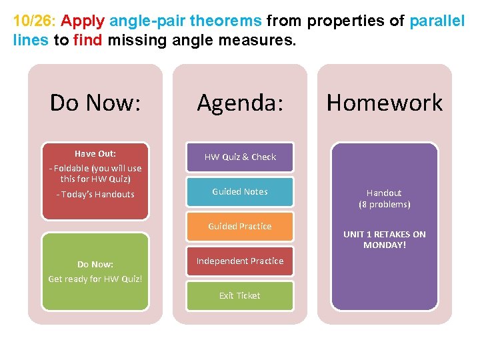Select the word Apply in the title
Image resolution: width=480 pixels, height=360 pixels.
[78, 21]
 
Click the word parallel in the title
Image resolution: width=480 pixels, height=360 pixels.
[437, 21]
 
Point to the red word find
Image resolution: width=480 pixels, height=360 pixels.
[87, 39]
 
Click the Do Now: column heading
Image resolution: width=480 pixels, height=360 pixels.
[95, 103]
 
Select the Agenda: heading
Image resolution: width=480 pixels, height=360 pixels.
[240, 103]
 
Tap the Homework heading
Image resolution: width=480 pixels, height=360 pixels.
[384, 103]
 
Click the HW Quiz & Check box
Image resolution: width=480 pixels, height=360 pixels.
[240, 157]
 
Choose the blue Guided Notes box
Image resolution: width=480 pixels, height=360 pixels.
[240, 191]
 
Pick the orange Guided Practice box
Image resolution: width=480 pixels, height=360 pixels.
[240, 226]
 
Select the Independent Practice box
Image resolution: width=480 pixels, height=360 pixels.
[240, 261]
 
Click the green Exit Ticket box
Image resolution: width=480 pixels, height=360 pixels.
[240, 295]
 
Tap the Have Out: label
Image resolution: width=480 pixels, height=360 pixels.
[95, 153]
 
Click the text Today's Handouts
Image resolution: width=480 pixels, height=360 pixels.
[95, 195]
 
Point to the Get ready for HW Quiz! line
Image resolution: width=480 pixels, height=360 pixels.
[95, 279]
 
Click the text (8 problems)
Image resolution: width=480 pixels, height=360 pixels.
[385, 205]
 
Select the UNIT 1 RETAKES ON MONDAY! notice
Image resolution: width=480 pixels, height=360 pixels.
[385, 239]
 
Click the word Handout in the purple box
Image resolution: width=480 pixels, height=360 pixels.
[385, 193]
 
